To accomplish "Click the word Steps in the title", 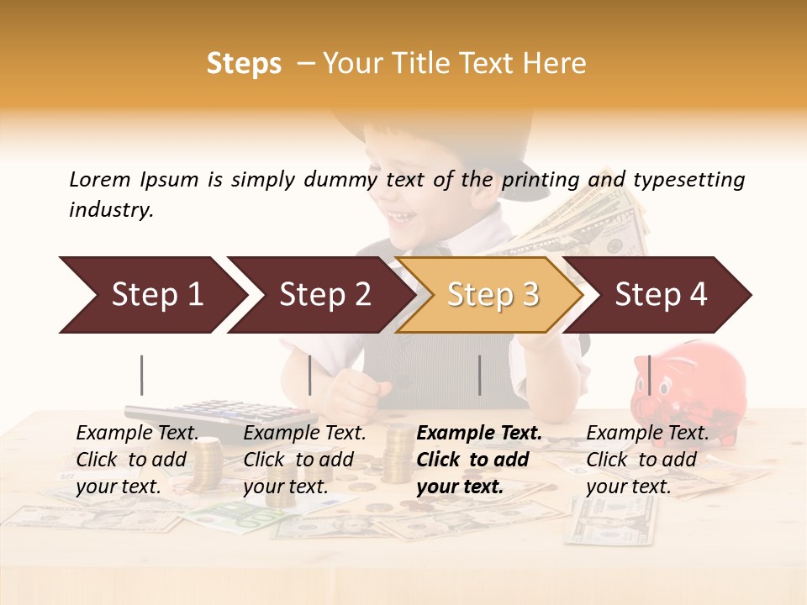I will click(244, 63).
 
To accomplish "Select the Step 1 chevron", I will click(151, 295).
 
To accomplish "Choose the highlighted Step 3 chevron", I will click(492, 295).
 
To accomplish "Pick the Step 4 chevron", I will click(660, 295).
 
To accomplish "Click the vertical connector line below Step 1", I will click(142, 375).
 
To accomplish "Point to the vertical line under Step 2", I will click(310, 375).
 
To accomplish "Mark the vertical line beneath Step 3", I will click(479, 375).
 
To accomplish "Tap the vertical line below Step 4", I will click(649, 375).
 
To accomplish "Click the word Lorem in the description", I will click(100, 179).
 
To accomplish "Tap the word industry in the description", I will click(111, 209).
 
